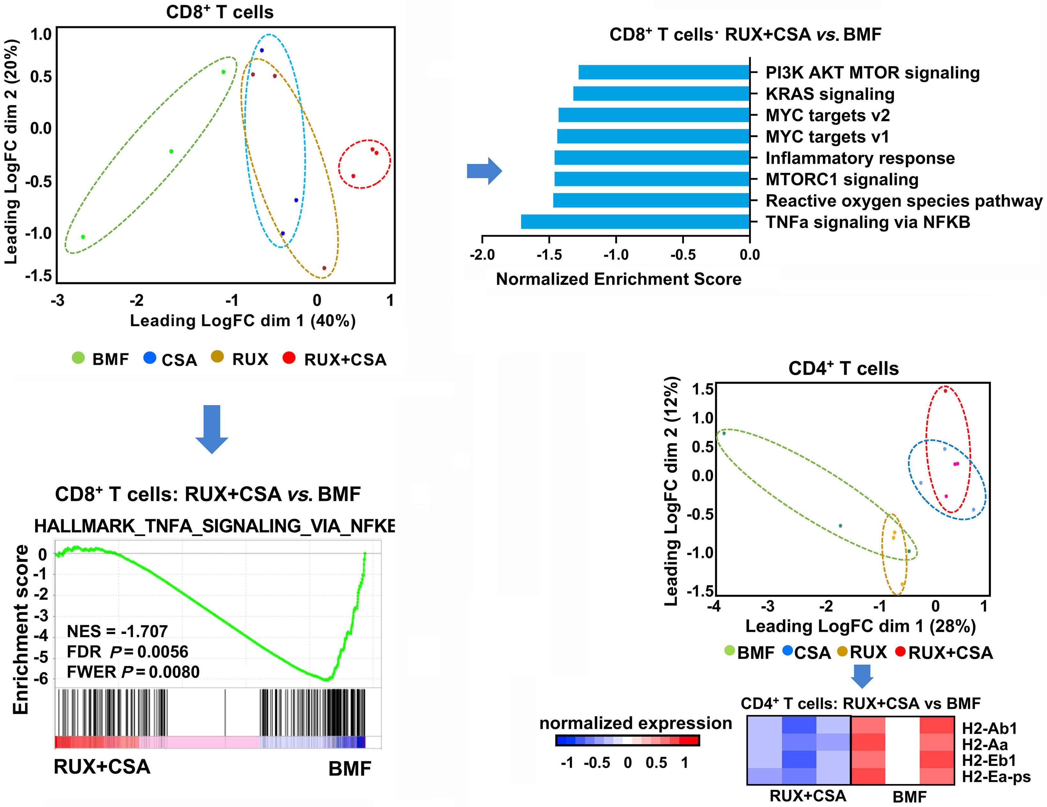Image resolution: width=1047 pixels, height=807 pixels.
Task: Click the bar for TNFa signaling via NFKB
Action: (x=635, y=222)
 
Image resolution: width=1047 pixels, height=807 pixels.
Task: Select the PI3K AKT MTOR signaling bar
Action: (x=664, y=72)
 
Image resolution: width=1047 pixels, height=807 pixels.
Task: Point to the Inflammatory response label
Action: (x=860, y=158)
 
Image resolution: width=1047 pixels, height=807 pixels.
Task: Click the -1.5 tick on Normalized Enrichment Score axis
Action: (x=549, y=254)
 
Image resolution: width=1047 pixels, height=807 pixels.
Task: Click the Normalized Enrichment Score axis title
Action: (x=618, y=279)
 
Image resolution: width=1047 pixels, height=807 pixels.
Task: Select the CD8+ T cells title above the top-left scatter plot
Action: (x=220, y=12)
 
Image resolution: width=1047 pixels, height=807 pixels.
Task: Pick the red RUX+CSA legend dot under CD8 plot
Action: (x=289, y=357)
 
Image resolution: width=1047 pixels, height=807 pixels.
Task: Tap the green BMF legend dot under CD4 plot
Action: (x=730, y=651)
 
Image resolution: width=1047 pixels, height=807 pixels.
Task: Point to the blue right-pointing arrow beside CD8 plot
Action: (x=484, y=171)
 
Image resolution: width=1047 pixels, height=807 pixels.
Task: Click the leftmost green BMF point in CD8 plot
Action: (x=83, y=237)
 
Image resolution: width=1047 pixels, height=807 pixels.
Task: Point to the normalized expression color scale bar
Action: (x=627, y=740)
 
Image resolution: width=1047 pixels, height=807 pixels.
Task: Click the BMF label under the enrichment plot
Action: (x=350, y=769)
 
